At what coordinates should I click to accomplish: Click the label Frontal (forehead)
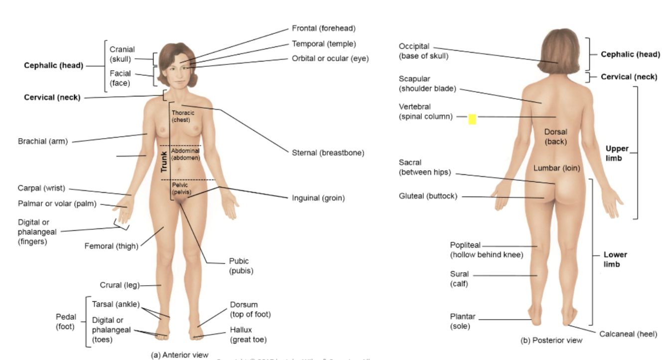pos(324,28)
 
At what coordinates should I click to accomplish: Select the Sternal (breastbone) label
pos(328,153)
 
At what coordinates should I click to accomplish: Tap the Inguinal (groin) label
pos(318,198)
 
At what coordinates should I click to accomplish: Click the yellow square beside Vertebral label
pos(472,119)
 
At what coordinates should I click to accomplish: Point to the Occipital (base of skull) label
pos(423,51)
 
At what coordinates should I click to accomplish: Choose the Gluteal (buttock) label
pos(427,196)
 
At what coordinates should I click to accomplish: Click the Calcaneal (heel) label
pos(628,334)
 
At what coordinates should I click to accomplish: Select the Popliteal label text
pos(465,245)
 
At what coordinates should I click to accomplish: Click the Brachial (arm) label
pos(42,141)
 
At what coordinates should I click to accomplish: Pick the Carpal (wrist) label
pos(41,188)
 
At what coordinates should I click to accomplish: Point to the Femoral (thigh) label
pos(111,246)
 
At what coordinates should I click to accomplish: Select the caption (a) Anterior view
pos(179,355)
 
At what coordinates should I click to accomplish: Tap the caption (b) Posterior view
pos(551,340)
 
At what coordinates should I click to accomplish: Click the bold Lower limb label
pos(615,259)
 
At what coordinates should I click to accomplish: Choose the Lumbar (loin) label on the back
pos(556,168)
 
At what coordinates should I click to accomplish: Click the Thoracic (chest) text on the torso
pos(183,116)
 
